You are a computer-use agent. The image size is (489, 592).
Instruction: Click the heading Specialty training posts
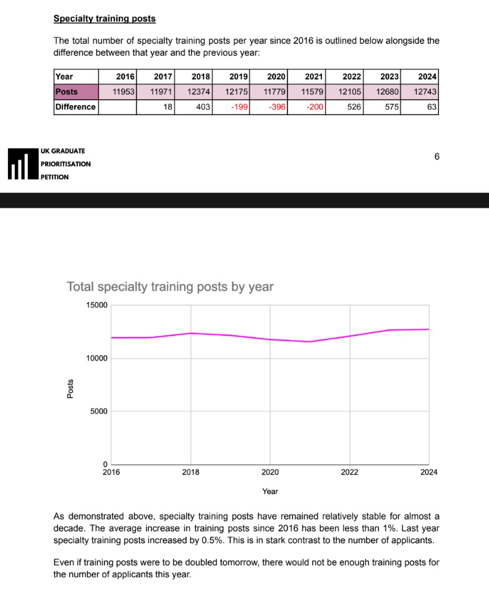point(104,19)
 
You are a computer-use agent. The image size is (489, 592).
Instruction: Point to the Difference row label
point(75,107)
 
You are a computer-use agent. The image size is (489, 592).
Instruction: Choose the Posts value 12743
point(425,92)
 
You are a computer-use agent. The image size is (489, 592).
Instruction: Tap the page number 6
point(436,157)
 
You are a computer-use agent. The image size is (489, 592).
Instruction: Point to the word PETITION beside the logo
point(54,177)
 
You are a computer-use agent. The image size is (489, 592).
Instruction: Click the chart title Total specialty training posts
point(169,287)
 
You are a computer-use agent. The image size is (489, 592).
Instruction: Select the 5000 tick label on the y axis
point(98,411)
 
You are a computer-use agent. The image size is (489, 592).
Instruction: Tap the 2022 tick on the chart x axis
point(349,472)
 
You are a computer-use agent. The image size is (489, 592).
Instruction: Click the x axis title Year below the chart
point(270,491)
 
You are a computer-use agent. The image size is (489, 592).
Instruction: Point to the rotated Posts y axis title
point(70,388)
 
